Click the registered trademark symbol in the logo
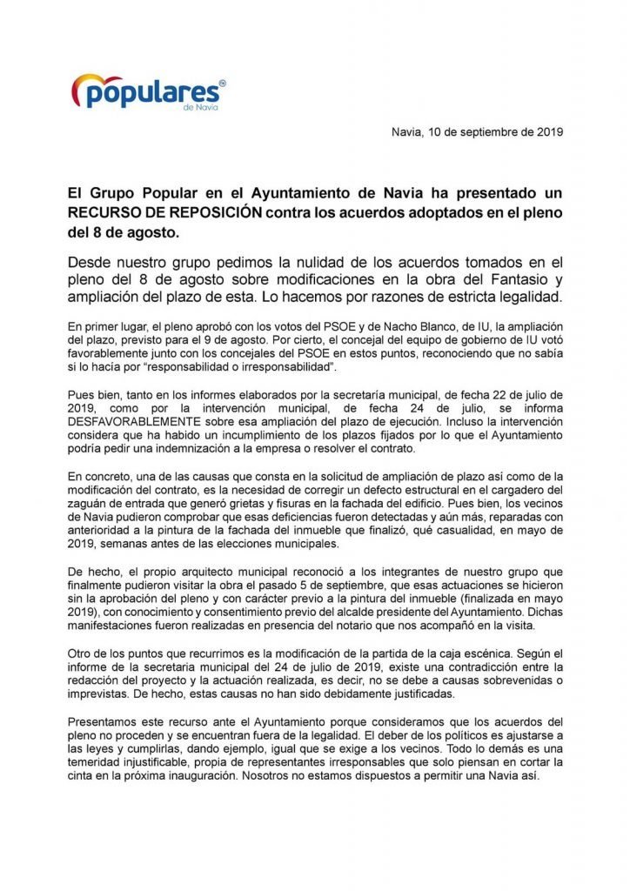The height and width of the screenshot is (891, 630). (222, 82)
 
